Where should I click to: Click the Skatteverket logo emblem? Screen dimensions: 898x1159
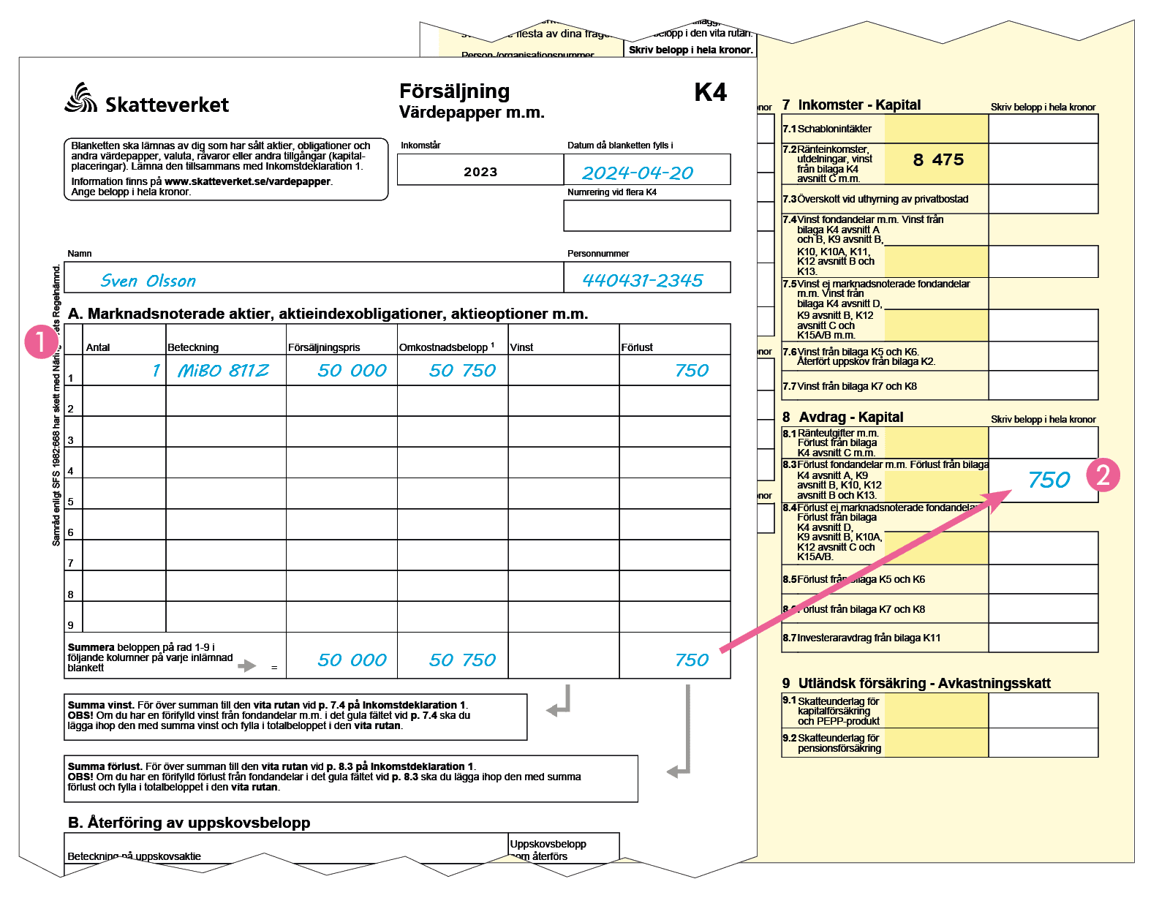click(80, 98)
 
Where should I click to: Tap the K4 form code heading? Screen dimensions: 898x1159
click(710, 92)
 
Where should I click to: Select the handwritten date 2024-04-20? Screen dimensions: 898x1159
click(638, 173)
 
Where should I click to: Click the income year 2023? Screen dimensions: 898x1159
click(480, 172)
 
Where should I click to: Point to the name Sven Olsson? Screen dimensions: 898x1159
click(148, 281)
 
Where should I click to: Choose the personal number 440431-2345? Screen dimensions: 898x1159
click(642, 280)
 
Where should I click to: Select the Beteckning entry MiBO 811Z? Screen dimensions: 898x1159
click(223, 371)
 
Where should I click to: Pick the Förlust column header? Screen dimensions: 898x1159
click(637, 347)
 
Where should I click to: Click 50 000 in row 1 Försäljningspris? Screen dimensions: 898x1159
click(352, 371)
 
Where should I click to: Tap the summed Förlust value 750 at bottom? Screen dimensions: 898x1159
click(692, 660)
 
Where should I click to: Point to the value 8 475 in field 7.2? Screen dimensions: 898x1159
click(938, 160)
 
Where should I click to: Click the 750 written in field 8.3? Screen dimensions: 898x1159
click(1049, 480)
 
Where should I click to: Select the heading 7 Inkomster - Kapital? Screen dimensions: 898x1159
click(851, 105)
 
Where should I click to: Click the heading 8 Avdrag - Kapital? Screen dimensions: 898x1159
click(842, 417)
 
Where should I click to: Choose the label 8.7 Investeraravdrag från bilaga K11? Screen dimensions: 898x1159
click(861, 638)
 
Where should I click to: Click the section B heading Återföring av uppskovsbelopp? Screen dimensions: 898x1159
click(189, 823)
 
